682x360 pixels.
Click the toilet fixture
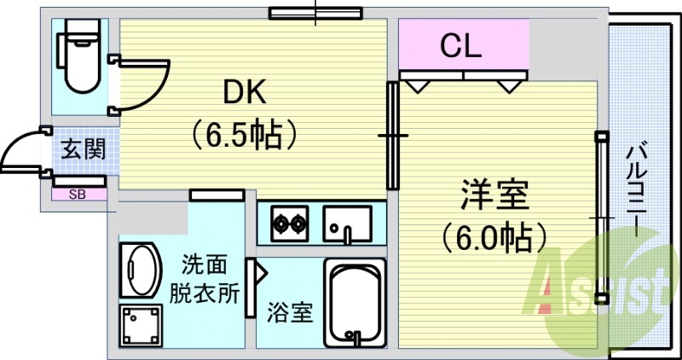[x=80, y=55]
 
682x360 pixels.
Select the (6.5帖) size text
[x=246, y=136]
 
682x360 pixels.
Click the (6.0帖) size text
[x=494, y=238]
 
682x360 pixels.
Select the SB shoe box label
[x=78, y=195]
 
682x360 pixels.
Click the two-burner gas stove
[x=290, y=224]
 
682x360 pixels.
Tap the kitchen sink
[x=347, y=224]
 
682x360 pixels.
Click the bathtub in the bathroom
[x=355, y=303]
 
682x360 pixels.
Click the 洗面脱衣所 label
[x=204, y=281]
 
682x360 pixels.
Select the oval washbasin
[x=140, y=270]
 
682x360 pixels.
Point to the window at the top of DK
[x=315, y=13]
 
